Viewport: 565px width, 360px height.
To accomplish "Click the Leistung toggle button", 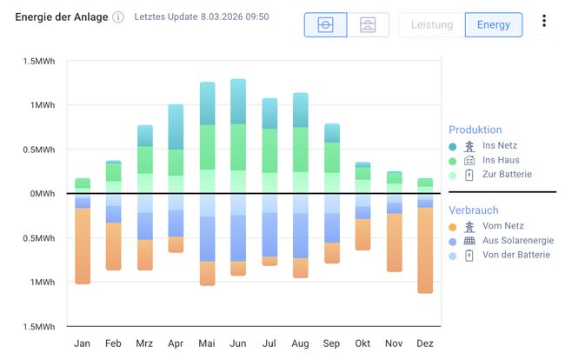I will pyautogui.click(x=432, y=24).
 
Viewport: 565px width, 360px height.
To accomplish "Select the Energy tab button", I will pyautogui.click(x=494, y=24).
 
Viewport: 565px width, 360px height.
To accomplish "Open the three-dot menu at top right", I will pyautogui.click(x=544, y=22).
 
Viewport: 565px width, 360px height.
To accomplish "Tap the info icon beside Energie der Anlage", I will pyautogui.click(x=118, y=17).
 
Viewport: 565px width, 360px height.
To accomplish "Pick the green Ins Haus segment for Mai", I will pyautogui.click(x=207, y=147).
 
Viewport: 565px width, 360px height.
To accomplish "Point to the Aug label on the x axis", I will pyautogui.click(x=300, y=343).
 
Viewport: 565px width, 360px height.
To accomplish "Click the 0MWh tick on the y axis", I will pyautogui.click(x=41, y=193).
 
